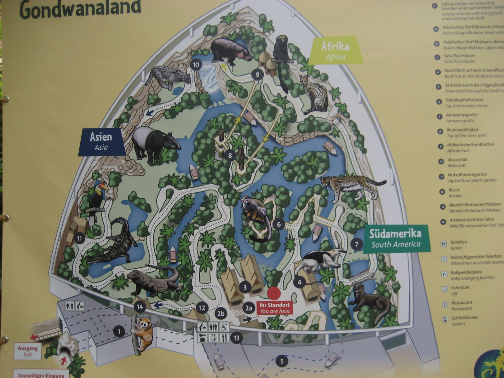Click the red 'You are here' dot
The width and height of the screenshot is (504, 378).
click(x=273, y=293)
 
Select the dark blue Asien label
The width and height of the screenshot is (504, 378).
click(x=101, y=141)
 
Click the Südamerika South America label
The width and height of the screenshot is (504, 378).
click(x=396, y=239)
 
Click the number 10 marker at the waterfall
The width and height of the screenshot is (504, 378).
click(x=196, y=65)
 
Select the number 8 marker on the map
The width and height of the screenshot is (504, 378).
click(x=230, y=155)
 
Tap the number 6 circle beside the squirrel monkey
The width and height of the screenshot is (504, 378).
click(x=279, y=225)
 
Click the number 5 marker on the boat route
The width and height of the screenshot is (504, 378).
click(x=282, y=361)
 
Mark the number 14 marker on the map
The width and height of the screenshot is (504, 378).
click(x=140, y=306)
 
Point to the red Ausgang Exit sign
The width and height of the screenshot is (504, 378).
click(x=28, y=351)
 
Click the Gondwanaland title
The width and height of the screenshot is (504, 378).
click(x=81, y=9)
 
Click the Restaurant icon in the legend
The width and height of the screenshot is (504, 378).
click(x=445, y=305)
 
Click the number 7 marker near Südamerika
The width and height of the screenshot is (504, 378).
click(x=356, y=244)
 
